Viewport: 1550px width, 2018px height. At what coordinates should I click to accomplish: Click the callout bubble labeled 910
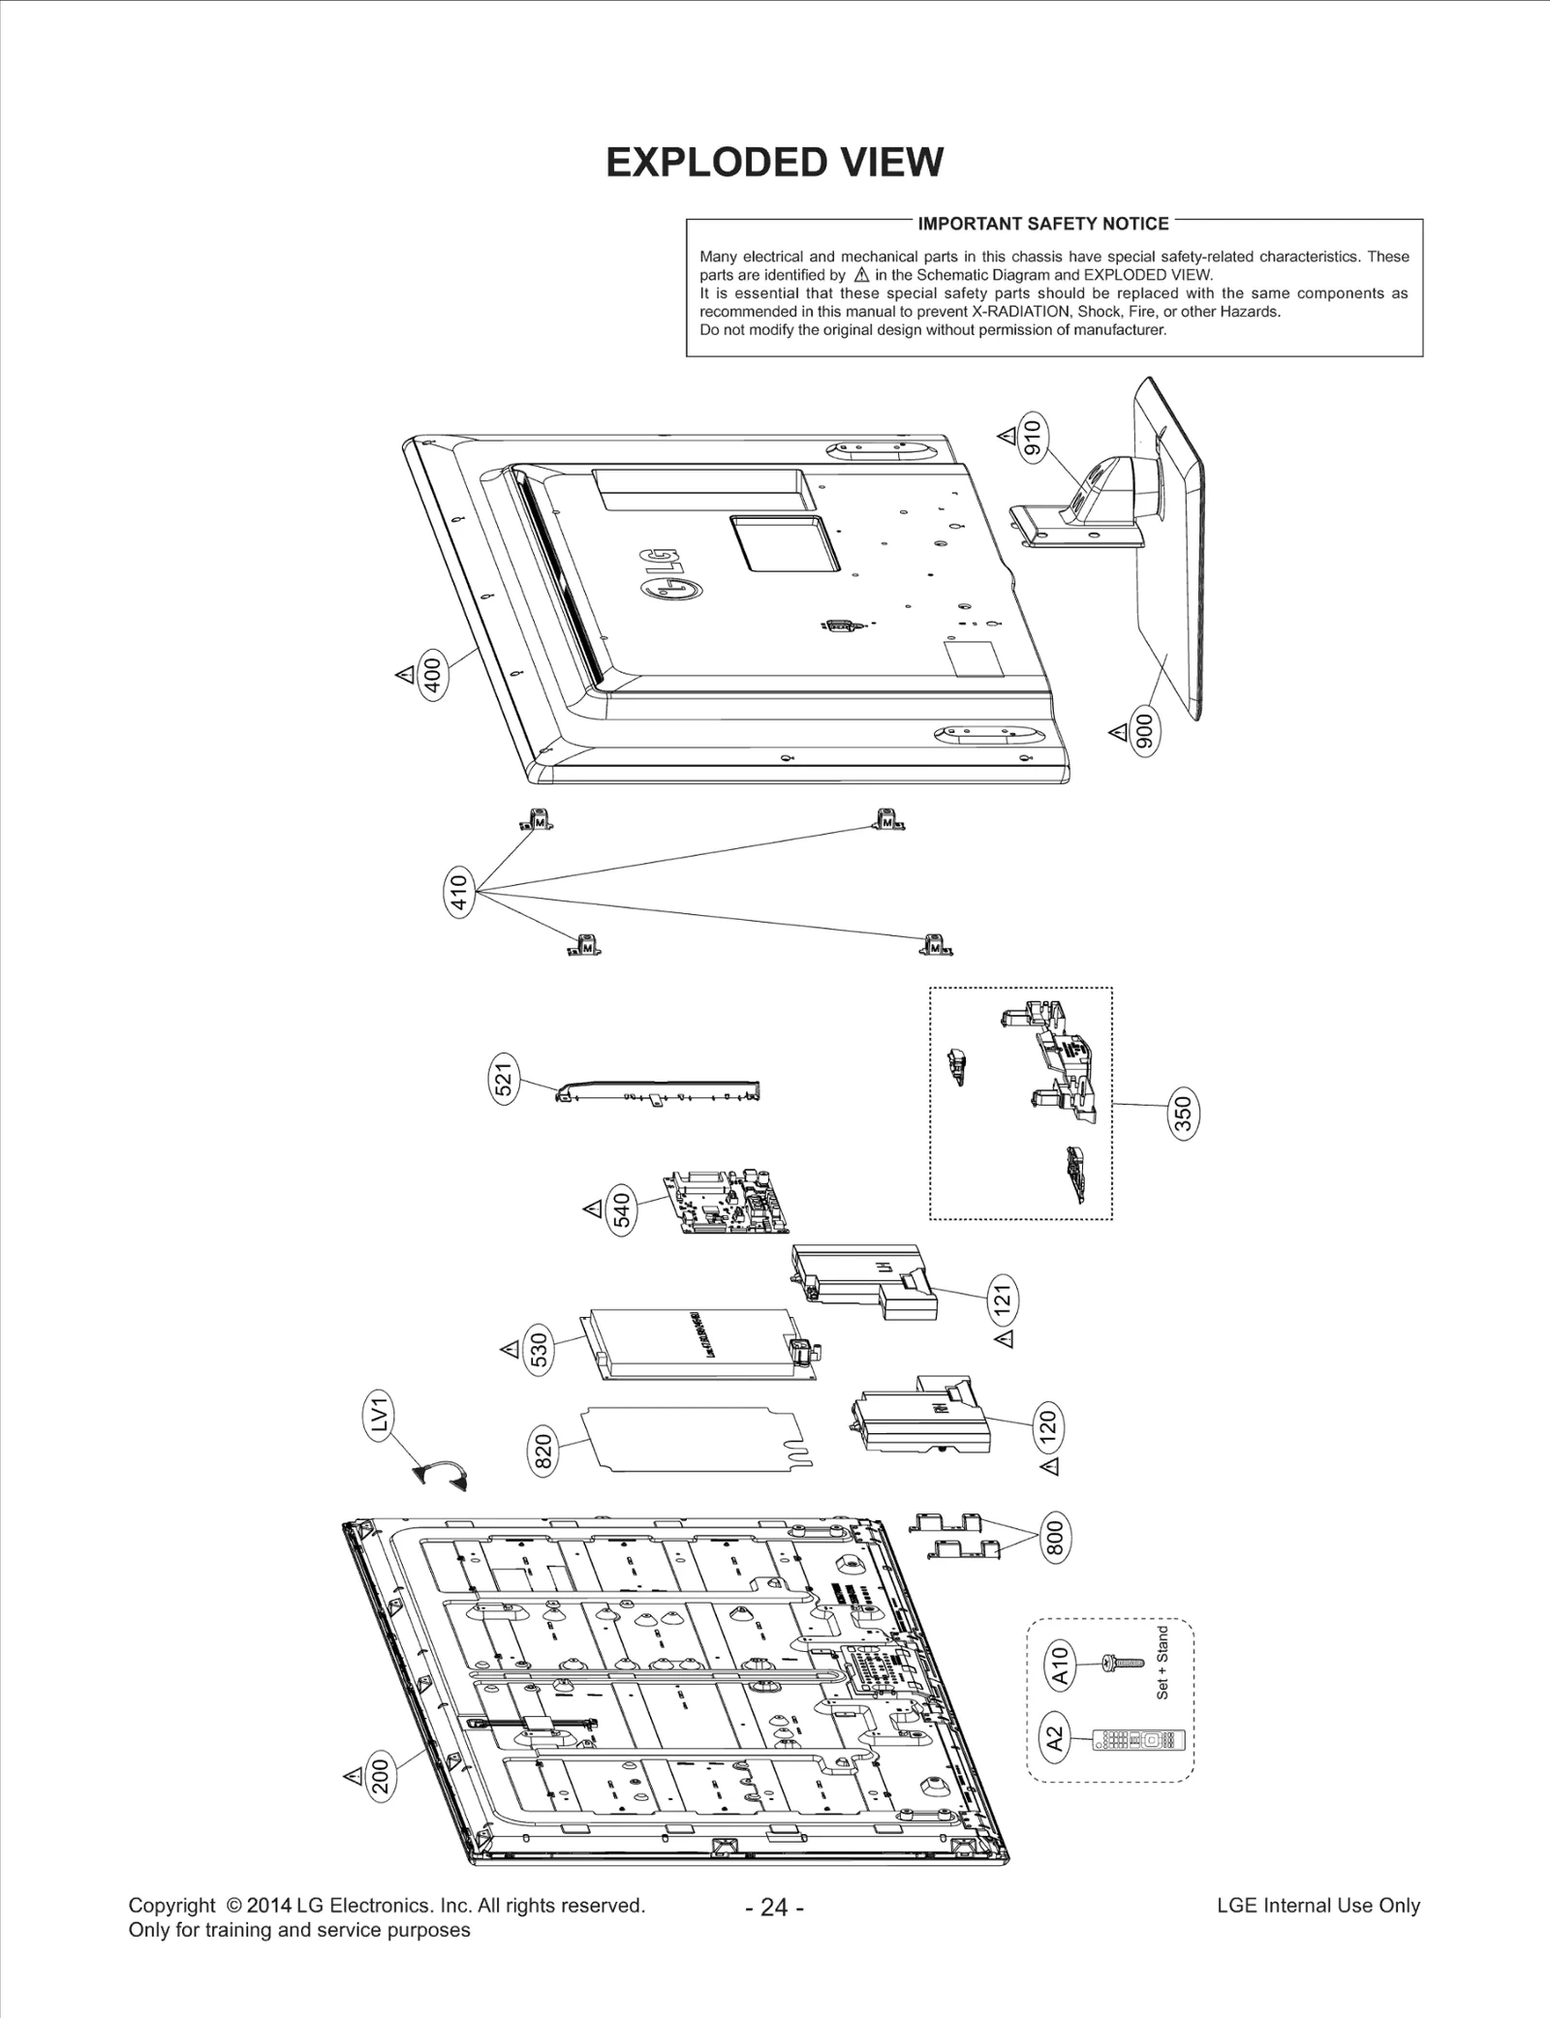click(1033, 438)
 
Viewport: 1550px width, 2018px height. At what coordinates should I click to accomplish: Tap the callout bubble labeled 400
click(433, 676)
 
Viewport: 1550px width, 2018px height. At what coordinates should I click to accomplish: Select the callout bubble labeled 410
click(459, 891)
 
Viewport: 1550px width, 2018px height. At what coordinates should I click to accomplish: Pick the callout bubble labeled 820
click(543, 1452)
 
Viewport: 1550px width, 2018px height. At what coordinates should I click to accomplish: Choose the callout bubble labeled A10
click(1060, 1665)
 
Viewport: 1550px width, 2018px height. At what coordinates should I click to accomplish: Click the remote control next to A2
click(1137, 1740)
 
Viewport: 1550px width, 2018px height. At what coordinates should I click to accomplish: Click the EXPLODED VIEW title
click(774, 163)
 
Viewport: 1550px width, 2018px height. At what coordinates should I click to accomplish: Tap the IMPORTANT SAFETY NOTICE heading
click(1043, 224)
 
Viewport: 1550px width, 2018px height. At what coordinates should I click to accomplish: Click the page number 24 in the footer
click(774, 1907)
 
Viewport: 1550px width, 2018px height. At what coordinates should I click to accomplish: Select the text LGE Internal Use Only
click(1317, 1905)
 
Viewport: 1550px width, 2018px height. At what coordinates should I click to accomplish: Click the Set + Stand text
click(1162, 1662)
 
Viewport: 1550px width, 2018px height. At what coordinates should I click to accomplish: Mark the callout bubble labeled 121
click(1004, 1296)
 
